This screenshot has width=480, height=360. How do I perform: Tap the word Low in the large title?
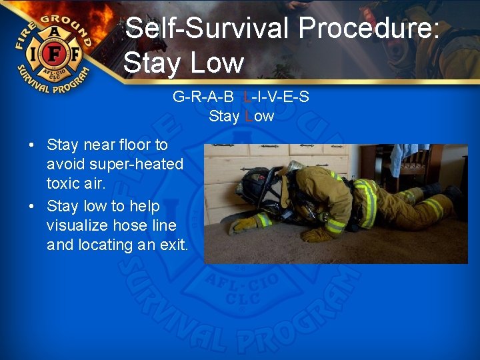[217, 63]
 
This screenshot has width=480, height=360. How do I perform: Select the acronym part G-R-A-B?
[203, 97]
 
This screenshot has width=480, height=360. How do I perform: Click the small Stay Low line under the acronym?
[241, 116]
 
